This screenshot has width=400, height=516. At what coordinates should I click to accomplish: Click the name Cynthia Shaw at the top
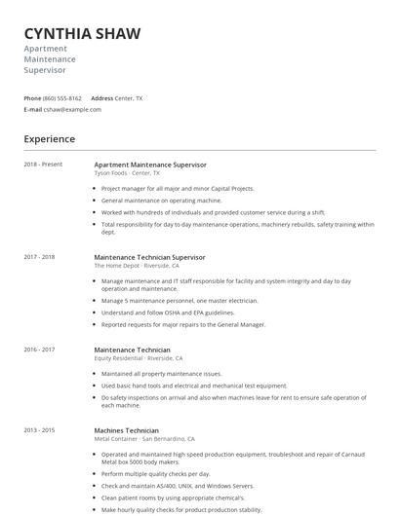click(82, 33)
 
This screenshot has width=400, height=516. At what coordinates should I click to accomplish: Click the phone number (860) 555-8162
click(62, 98)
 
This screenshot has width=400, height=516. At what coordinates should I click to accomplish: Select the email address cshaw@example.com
click(72, 109)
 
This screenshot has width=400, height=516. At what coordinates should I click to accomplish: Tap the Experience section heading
click(49, 139)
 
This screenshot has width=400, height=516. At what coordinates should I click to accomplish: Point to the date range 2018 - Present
click(43, 165)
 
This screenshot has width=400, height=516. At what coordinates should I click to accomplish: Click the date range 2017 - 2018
click(39, 257)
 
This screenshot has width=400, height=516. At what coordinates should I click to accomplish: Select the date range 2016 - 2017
click(39, 350)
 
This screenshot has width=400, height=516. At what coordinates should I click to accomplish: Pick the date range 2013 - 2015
click(39, 430)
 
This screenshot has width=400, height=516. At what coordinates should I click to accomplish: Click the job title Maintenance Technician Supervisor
click(149, 257)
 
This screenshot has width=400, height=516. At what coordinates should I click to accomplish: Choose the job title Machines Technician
click(126, 430)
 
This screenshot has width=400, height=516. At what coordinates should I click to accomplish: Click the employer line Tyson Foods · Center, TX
click(127, 172)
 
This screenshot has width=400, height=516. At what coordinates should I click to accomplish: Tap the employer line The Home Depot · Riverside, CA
click(136, 265)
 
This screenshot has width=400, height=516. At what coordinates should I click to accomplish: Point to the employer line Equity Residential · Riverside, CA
click(139, 357)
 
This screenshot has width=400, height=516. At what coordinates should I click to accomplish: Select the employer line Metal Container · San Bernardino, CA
click(144, 438)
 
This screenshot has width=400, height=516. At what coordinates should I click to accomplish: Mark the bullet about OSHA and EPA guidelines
click(168, 313)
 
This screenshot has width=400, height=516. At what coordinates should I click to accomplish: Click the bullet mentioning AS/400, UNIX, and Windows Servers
click(178, 486)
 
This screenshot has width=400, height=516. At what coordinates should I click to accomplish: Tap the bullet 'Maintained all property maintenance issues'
click(161, 373)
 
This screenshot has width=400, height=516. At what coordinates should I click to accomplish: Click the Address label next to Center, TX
click(101, 98)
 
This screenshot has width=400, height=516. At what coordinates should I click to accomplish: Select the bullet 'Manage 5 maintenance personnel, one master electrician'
click(180, 301)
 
